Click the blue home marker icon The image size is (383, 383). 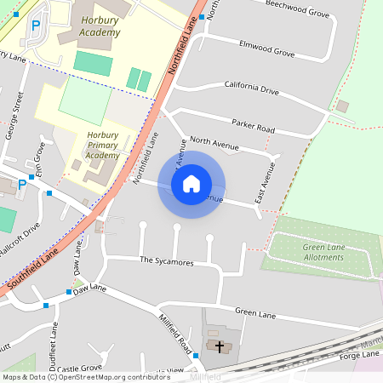pos(191,184)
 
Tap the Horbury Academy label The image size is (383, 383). pos(101,26)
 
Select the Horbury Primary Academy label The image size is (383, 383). pos(103,145)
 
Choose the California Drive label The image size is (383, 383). pos(251,89)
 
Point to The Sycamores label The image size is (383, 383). pos(167,261)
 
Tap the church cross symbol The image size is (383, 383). pos(220,346)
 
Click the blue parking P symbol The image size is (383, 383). pos(36,26)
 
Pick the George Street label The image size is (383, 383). pos(14,114)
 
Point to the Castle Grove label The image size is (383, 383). pos(77,369)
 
